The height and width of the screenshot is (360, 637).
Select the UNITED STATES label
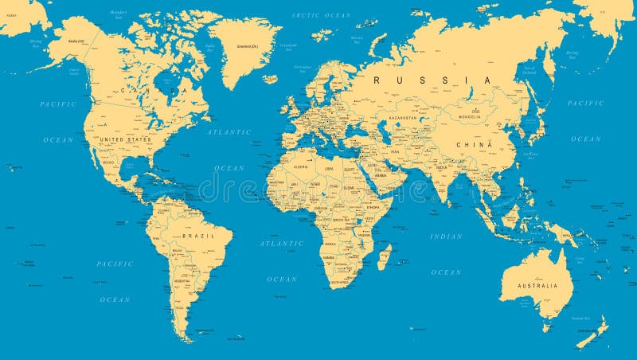pos(124,139)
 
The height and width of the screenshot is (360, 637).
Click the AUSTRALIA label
pos(539,285)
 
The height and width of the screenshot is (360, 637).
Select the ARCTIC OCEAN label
pos(321,15)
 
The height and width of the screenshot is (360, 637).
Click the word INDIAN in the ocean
pos(446,236)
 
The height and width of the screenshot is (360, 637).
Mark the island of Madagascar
pos(385,256)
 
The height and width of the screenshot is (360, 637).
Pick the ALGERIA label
pos(301,167)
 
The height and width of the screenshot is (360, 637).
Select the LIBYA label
pos(329,168)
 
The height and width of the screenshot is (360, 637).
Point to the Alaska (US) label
pos(77,41)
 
